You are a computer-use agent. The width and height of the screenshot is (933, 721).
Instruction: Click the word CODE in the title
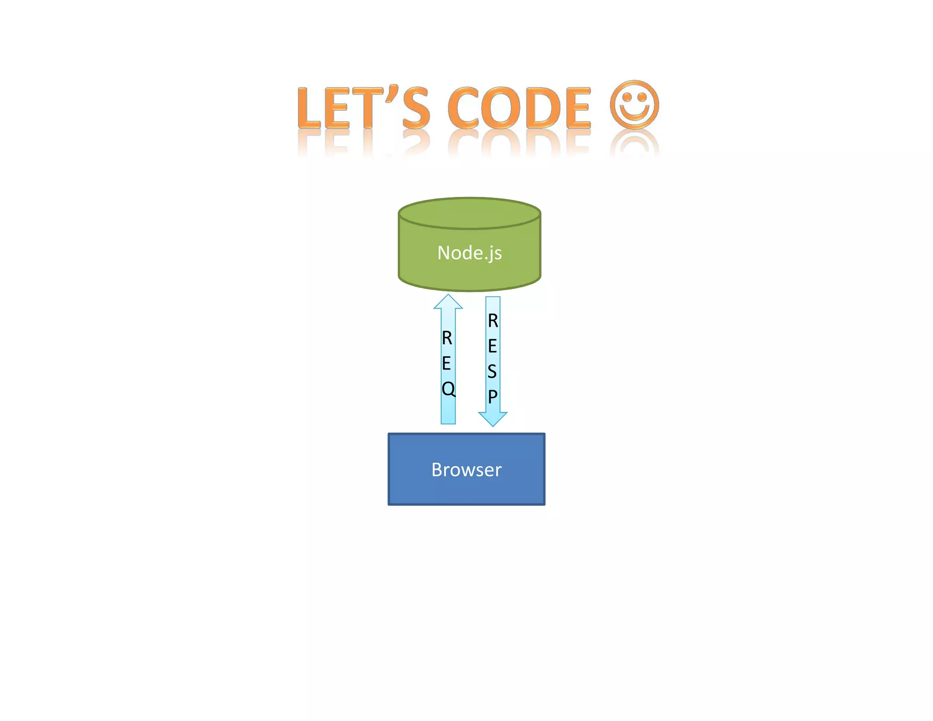pos(519,108)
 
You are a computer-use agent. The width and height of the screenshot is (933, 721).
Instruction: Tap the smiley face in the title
pos(634,104)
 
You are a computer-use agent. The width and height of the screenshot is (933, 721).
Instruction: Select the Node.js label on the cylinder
pos(469,253)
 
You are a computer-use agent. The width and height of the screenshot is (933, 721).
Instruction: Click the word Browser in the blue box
pos(466,470)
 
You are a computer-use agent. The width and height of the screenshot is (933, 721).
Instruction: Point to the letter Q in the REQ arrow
pos(448,389)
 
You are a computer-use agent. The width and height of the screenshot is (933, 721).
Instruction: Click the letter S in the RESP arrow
pos(492,371)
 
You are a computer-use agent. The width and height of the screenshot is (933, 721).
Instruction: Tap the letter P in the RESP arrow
pos(492,397)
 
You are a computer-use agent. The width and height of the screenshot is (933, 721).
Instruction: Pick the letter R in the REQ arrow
pos(447,338)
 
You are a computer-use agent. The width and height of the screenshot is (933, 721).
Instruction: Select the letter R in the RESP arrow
pos(493,321)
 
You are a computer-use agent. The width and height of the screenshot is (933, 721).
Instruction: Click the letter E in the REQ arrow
pos(446,363)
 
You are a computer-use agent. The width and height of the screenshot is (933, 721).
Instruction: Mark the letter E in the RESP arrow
pos(492,346)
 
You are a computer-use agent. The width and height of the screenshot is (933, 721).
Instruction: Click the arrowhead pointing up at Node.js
pos(448,302)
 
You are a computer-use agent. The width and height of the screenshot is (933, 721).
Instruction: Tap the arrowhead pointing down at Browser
pos(492,419)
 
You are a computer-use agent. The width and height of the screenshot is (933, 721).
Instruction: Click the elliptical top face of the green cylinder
pos(469,213)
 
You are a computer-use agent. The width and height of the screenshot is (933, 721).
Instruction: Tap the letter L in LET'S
pos(309,108)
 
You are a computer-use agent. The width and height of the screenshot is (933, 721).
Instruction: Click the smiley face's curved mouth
pos(635,114)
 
